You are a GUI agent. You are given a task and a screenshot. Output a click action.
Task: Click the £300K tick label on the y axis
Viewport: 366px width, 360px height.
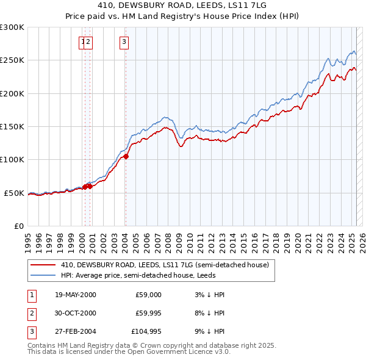[12, 27]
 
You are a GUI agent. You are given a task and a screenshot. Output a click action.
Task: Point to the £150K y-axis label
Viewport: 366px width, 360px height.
[12, 127]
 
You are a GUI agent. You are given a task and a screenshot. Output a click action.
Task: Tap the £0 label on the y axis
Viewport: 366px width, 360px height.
[18, 226]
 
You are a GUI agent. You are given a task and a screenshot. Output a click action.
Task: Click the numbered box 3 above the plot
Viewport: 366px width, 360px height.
[124, 42]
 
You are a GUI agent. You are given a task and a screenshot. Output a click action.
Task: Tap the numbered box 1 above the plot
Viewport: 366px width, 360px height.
[82, 42]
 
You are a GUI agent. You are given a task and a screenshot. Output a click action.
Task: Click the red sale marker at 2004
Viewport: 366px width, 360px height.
[126, 157]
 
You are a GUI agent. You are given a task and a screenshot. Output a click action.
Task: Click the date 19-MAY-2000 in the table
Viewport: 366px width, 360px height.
[76, 295]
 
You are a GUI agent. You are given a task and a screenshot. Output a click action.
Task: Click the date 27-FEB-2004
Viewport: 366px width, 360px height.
[75, 333]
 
